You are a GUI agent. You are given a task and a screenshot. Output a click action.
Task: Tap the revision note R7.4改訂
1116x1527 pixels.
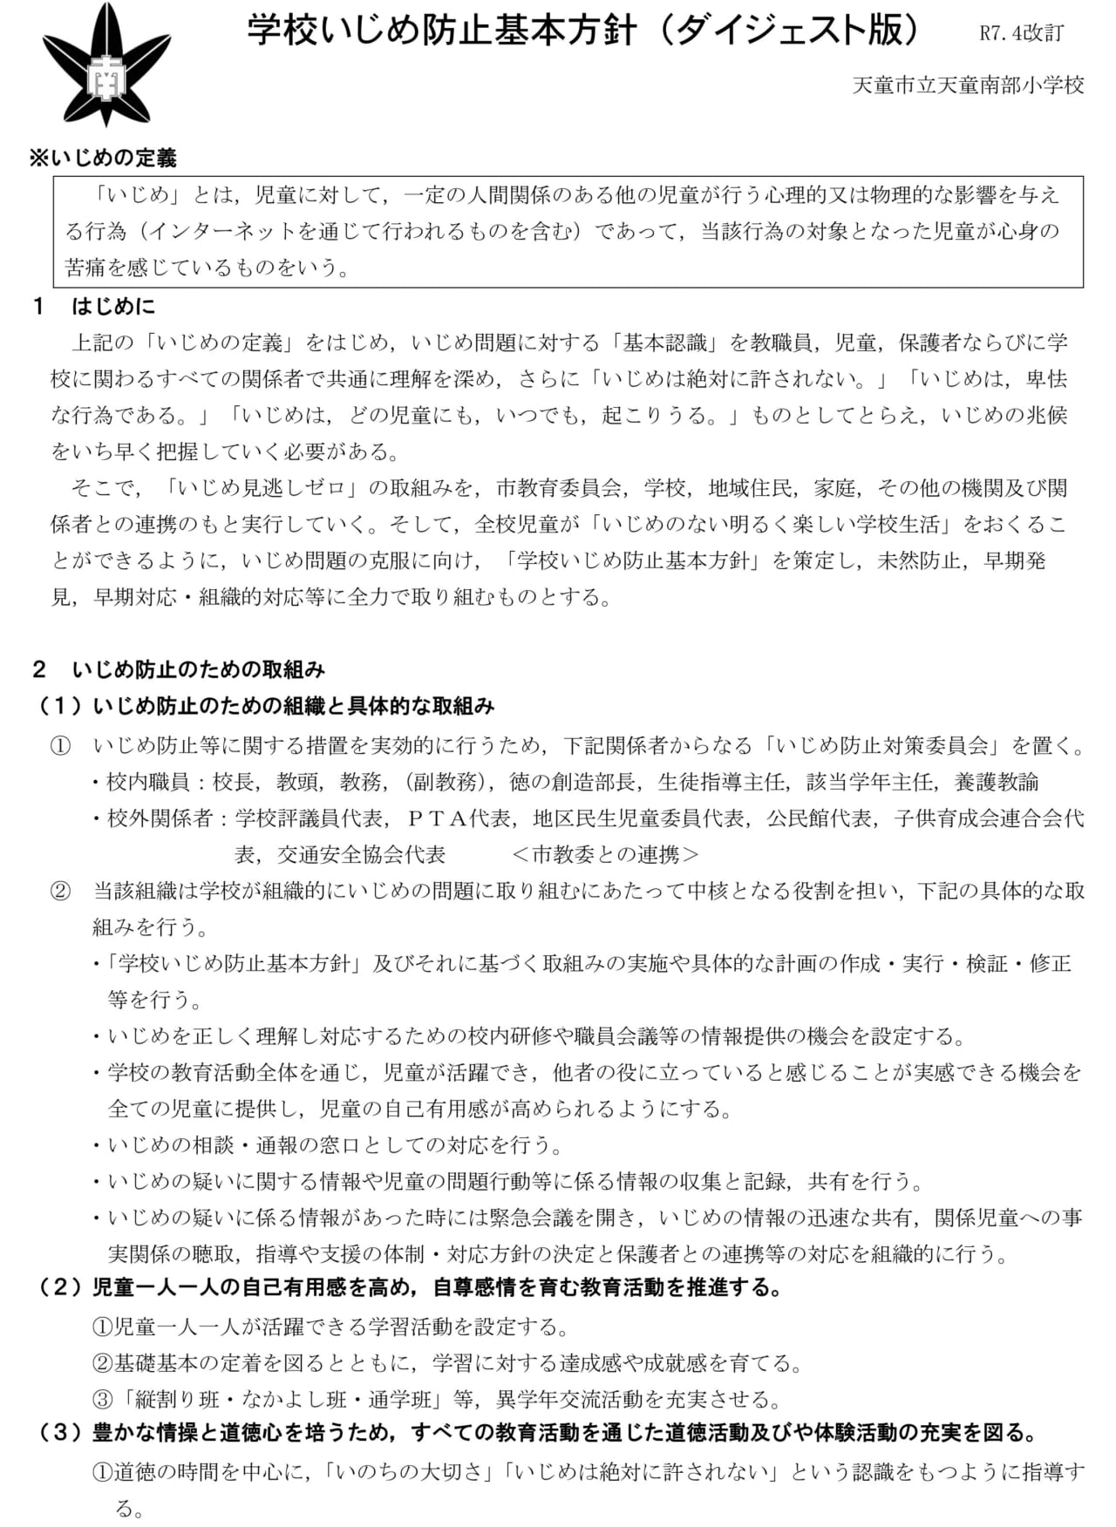point(1021,34)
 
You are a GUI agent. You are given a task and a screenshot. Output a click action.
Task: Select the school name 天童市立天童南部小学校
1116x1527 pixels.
point(968,85)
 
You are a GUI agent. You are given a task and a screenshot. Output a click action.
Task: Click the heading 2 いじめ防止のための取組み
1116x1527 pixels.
point(179,669)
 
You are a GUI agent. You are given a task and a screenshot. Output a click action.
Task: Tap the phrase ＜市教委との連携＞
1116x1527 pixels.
point(606,854)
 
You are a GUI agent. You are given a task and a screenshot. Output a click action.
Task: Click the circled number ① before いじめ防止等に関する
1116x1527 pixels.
point(60,746)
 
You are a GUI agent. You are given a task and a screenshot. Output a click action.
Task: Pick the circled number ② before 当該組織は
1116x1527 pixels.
point(60,891)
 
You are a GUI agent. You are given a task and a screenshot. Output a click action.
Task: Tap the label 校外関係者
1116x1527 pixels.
point(160,818)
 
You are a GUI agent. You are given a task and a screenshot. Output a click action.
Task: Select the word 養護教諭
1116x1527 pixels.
point(997,782)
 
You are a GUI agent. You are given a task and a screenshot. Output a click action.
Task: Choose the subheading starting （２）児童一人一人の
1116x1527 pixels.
point(410,1287)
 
